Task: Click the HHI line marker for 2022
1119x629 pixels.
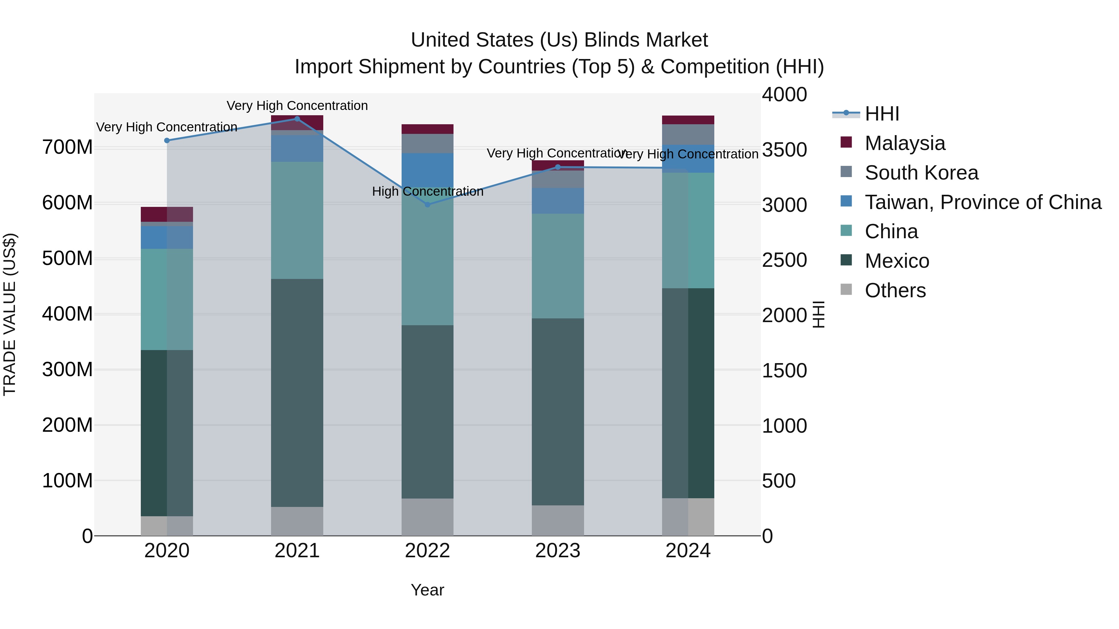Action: (x=427, y=204)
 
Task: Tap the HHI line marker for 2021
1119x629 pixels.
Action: (x=297, y=119)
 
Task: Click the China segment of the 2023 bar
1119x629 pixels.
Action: (x=558, y=266)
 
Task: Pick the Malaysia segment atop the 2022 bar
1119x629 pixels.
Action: (x=427, y=129)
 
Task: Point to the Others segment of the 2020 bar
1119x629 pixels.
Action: (x=167, y=526)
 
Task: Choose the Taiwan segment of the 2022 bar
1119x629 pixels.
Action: (x=427, y=170)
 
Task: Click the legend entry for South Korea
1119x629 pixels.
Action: (x=921, y=173)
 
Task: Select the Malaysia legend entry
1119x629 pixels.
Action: (x=905, y=143)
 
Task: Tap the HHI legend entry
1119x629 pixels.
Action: (x=882, y=114)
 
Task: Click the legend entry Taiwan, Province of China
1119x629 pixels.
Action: (x=983, y=202)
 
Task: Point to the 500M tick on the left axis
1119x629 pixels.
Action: (x=67, y=258)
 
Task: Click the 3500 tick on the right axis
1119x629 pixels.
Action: (x=785, y=150)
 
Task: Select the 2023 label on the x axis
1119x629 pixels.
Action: (x=558, y=551)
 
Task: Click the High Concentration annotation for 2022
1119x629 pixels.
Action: (x=427, y=191)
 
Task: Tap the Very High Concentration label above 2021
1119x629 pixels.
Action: (x=297, y=106)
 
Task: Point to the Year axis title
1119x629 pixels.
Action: (x=427, y=590)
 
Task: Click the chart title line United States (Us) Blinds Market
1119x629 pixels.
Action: (x=559, y=40)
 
